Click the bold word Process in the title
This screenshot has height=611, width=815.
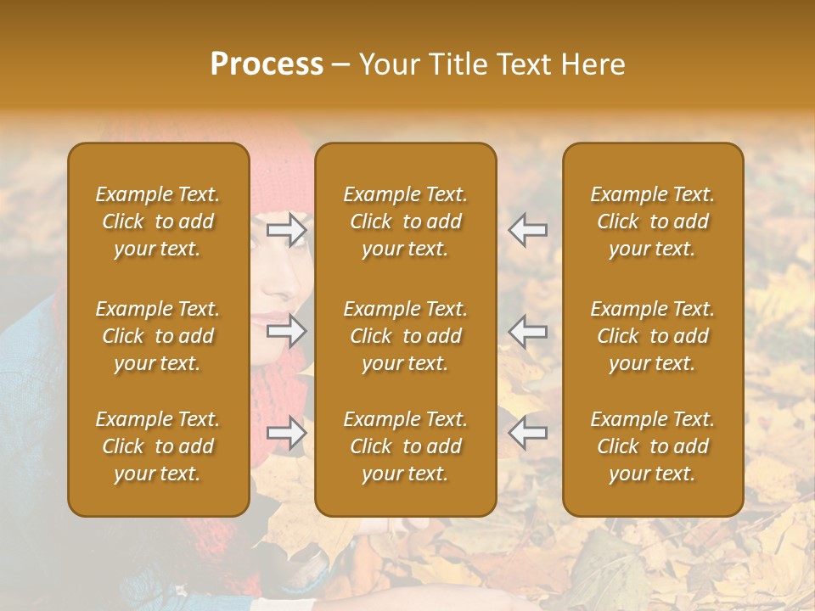267,64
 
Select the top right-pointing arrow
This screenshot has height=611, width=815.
287,229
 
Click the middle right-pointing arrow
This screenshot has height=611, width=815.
287,330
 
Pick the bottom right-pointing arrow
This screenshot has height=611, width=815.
287,433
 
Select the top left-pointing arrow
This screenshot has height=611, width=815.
528,229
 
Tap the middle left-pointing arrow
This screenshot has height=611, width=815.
528,330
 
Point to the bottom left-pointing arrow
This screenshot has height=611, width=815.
528,433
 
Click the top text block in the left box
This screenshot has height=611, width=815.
158,221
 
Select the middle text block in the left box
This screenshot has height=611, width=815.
158,336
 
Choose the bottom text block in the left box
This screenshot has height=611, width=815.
158,446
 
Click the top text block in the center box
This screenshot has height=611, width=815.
405,221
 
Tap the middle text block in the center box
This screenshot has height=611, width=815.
405,336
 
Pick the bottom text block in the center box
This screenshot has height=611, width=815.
405,446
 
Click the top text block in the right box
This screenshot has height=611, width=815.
652,221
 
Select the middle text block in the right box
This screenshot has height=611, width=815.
652,336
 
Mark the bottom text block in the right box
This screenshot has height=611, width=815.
652,446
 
